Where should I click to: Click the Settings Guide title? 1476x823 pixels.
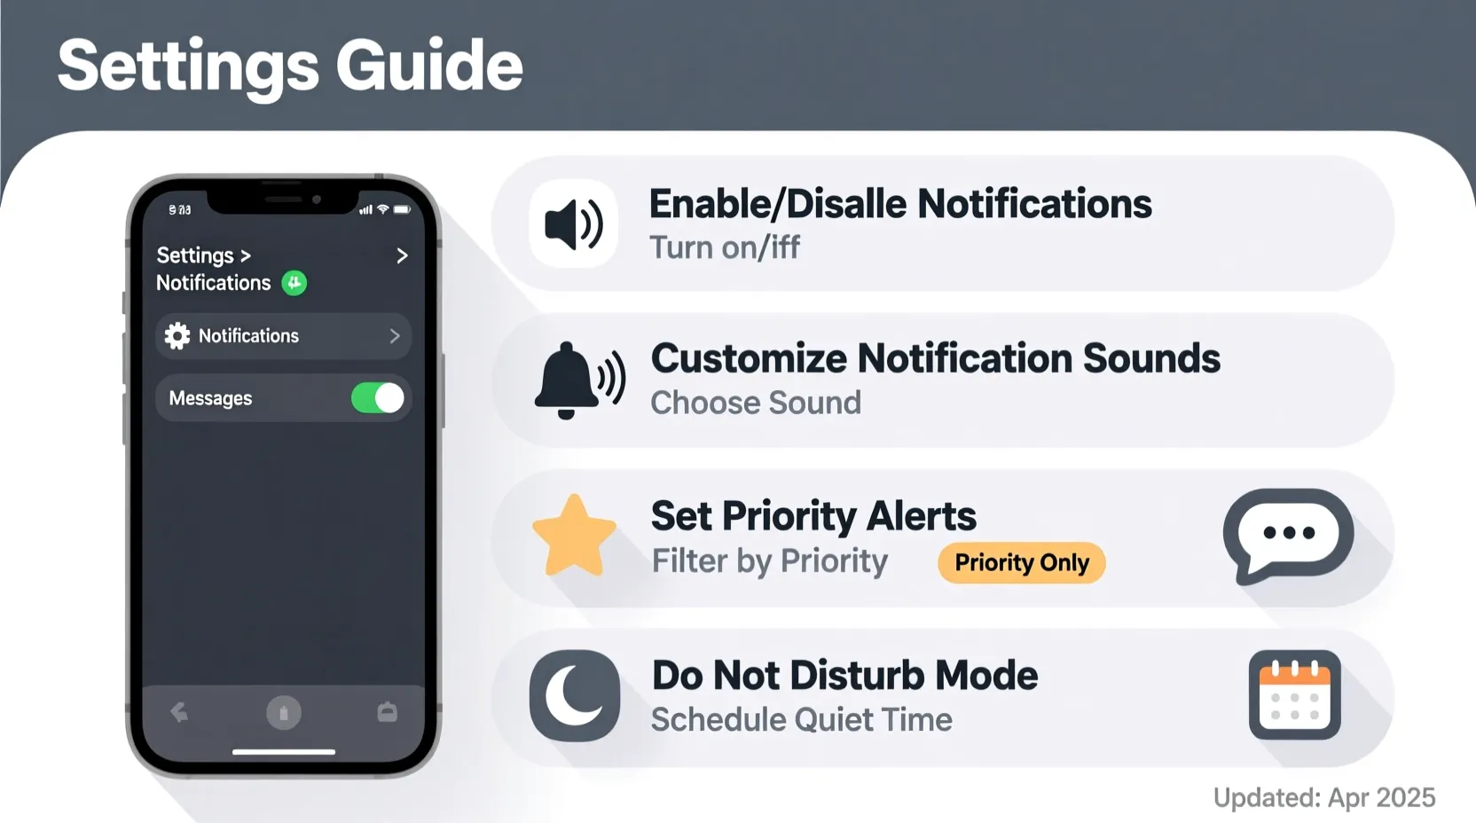click(290, 66)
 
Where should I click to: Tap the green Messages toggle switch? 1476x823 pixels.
click(378, 398)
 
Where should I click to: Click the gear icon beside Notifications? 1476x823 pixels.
click(177, 336)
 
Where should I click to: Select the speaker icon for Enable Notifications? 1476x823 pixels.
click(573, 223)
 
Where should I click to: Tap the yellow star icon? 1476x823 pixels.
click(574, 537)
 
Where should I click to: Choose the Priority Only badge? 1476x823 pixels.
click(1021, 563)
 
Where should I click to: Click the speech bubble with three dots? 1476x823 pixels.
click(1288, 535)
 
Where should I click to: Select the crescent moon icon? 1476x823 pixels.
click(575, 696)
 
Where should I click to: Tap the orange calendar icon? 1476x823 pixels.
click(1294, 695)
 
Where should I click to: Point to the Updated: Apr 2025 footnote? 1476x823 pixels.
click(1323, 797)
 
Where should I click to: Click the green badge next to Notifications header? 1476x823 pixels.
click(294, 283)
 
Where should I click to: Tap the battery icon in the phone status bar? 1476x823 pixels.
click(402, 210)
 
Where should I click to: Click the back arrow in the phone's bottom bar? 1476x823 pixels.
click(179, 712)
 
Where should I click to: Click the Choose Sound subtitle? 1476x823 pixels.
click(756, 404)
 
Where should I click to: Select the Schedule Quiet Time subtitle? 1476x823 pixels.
click(801, 720)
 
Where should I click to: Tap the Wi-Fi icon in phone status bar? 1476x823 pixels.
click(383, 210)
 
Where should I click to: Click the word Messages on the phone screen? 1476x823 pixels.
click(210, 399)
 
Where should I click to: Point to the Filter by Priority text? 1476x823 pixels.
click(769, 561)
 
